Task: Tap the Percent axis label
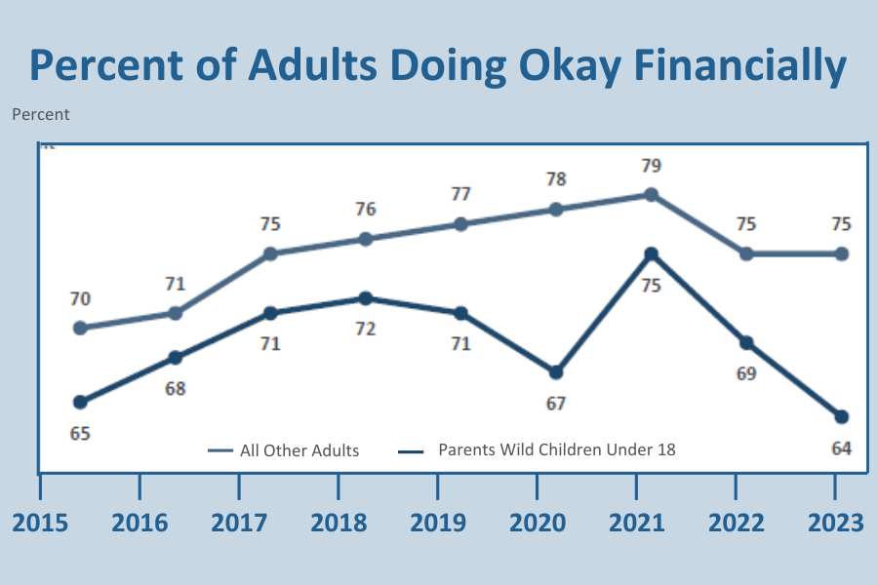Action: (x=41, y=114)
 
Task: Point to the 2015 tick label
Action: (x=40, y=523)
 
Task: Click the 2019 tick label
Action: (x=438, y=523)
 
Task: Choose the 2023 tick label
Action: (x=834, y=523)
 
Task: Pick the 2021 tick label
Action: (x=637, y=523)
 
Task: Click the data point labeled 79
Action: (x=651, y=195)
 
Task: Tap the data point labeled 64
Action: (x=842, y=417)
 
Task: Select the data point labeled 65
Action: (x=80, y=402)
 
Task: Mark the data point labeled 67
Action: (x=556, y=372)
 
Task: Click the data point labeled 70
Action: (x=80, y=328)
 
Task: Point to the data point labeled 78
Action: (x=556, y=210)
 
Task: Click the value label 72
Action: (x=365, y=329)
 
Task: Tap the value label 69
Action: (x=746, y=373)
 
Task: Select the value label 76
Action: (x=365, y=209)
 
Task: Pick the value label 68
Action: (x=175, y=388)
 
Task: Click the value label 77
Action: (x=460, y=194)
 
